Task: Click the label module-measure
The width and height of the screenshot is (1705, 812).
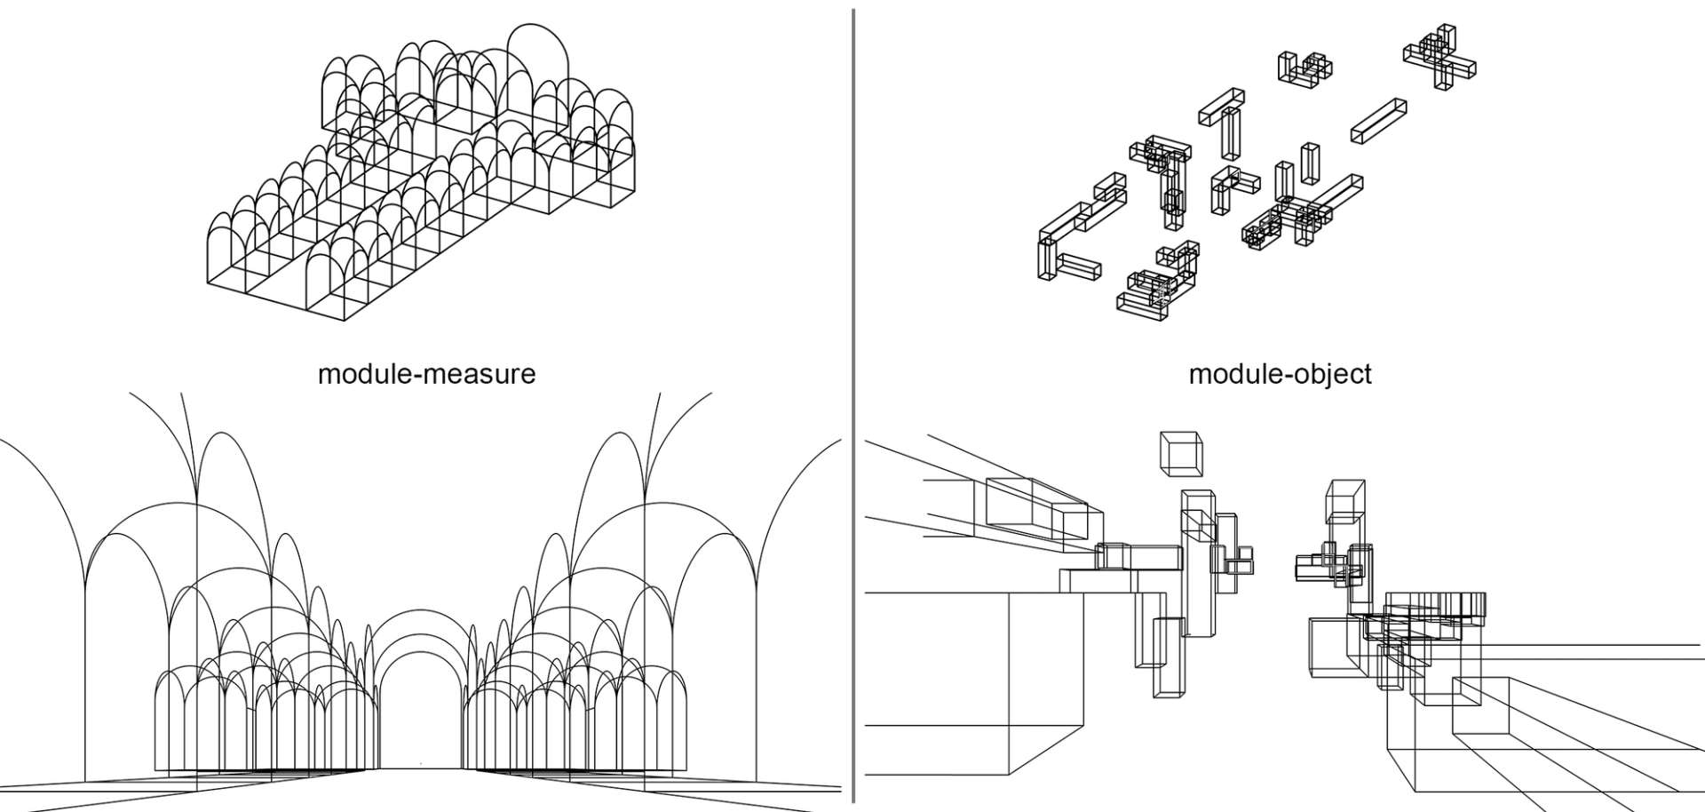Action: pos(426,373)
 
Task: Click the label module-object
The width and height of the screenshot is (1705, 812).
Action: pos(1280,374)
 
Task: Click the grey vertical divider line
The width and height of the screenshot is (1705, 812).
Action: pos(853,406)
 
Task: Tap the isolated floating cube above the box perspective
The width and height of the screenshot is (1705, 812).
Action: pos(1181,454)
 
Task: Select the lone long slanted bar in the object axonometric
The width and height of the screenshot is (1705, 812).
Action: pos(1379,120)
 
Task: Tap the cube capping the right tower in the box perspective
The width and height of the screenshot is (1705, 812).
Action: pos(1345,500)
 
